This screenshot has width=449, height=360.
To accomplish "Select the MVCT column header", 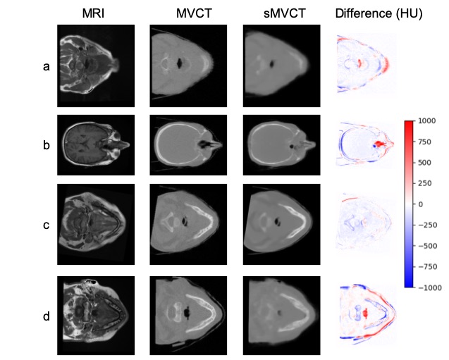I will pyautogui.click(x=188, y=14).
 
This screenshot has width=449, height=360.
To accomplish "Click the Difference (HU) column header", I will pyautogui.click(x=379, y=14).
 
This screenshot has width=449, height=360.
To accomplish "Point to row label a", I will pyautogui.click(x=47, y=67).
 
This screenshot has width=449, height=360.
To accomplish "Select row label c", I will pyautogui.click(x=47, y=225).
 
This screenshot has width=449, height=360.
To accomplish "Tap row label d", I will pyautogui.click(x=47, y=316).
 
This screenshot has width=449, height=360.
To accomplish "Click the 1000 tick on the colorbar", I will pyautogui.click(x=426, y=121).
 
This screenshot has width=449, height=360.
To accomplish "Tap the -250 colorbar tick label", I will pyautogui.click(x=429, y=225).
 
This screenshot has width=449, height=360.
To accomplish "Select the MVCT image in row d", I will pyautogui.click(x=188, y=315).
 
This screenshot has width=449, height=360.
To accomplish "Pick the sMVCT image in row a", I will pyautogui.click(x=281, y=66).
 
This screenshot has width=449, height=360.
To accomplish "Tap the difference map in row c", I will pyautogui.click(x=365, y=222).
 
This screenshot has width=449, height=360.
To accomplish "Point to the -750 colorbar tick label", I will pyautogui.click(x=429, y=266).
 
